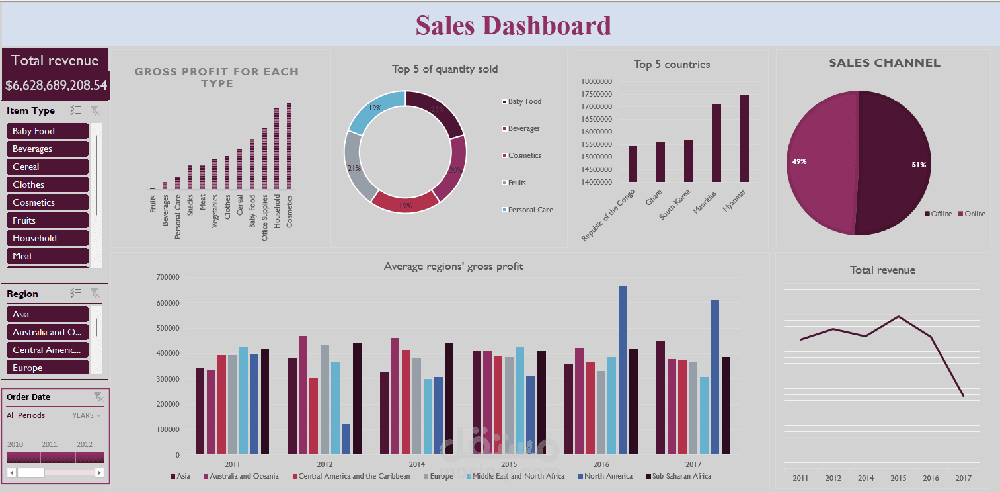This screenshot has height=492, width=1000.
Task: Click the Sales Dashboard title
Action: [x=513, y=26]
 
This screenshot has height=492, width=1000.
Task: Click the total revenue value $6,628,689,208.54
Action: [x=56, y=85]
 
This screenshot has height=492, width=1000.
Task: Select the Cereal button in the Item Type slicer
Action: [x=47, y=167]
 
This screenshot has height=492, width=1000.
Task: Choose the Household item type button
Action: [x=47, y=238]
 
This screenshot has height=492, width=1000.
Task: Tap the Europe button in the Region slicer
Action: [x=47, y=368]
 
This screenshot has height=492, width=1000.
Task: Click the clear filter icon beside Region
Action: [x=95, y=293]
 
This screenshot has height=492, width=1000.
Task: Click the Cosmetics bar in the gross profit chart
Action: [x=289, y=145]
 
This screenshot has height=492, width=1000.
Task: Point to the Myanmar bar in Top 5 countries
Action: [x=744, y=138]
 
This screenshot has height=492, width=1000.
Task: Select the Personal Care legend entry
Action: [x=530, y=210]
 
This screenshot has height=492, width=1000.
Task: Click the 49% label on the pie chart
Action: [x=799, y=161]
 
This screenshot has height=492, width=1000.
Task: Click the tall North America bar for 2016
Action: [x=623, y=370]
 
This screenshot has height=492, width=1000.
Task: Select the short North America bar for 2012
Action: [x=346, y=438]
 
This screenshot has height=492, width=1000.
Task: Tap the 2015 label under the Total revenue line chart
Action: [x=898, y=478]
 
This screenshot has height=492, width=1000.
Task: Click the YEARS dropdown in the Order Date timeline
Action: [x=87, y=415]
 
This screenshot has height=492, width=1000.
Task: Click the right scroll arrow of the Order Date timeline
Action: [x=99, y=473]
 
